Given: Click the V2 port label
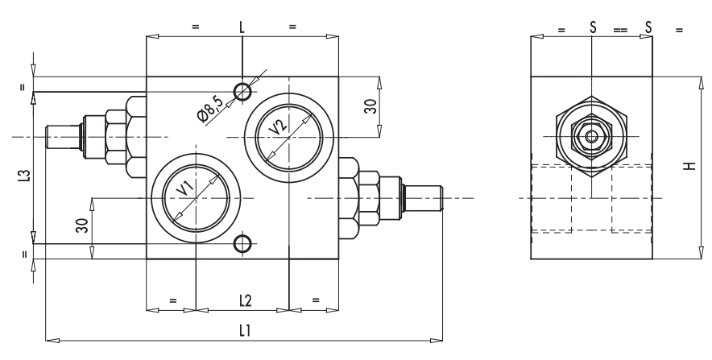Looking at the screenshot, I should pyautogui.click(x=279, y=127).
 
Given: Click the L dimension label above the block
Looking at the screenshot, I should pyautogui.click(x=242, y=27).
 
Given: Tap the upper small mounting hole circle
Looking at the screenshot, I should pyautogui.click(x=242, y=91).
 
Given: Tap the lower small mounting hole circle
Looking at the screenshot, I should pyautogui.click(x=242, y=244).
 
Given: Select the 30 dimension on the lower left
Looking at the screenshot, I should pyautogui.click(x=81, y=226).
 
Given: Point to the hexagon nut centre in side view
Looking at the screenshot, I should pyautogui.click(x=591, y=136).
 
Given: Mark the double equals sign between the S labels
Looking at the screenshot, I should pyautogui.click(x=619, y=30).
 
